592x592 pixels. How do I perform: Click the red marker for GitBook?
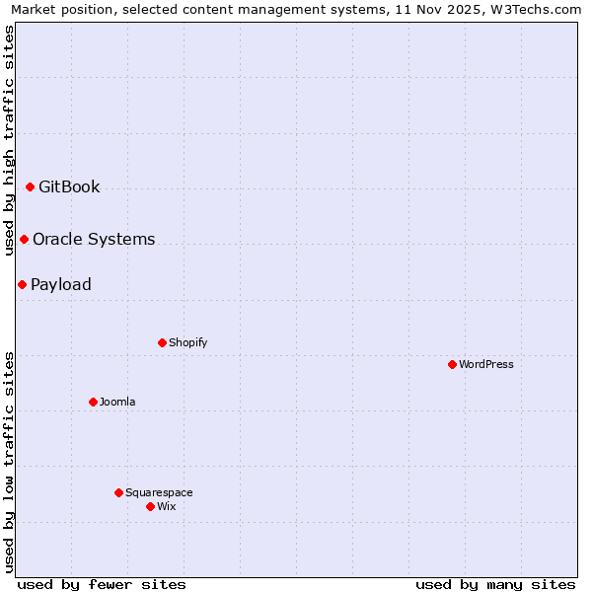[30, 186]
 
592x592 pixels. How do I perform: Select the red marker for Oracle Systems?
[24, 239]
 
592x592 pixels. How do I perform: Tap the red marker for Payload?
[22, 284]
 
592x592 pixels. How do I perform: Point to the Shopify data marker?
[162, 342]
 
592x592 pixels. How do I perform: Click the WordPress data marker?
[452, 364]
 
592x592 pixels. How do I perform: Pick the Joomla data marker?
[93, 402]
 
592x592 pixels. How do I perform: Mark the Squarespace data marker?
[118, 492]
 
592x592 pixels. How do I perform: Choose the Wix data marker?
[150, 506]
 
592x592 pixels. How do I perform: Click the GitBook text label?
[69, 187]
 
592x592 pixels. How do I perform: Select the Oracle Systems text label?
[94, 240]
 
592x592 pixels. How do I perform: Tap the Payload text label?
[61, 285]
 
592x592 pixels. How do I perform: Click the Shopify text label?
[187, 343]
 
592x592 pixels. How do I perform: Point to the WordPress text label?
[486, 365]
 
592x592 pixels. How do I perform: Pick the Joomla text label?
[117, 403]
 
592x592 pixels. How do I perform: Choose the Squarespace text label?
[159, 493]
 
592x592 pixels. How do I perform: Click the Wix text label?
[167, 507]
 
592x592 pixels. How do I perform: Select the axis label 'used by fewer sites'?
[102, 585]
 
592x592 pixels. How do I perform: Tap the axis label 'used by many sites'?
[495, 585]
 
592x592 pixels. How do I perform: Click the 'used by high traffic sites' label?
[9, 140]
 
